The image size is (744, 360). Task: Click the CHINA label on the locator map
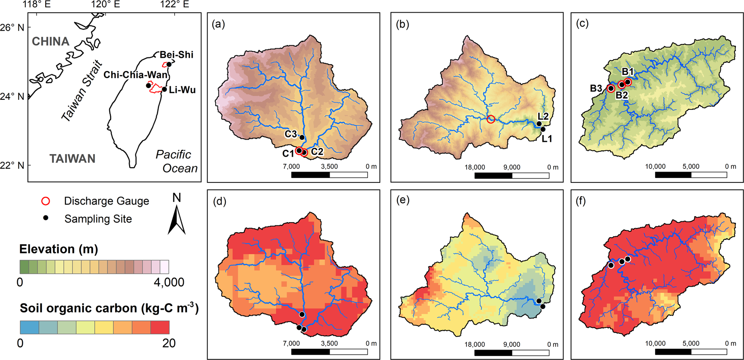pyautogui.click(x=51, y=42)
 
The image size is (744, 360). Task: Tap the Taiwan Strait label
pyautogui.click(x=82, y=91)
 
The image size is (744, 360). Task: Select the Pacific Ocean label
pyautogui.click(x=177, y=161)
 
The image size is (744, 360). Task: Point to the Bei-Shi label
pyautogui.click(x=176, y=55)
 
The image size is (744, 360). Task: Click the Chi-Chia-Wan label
pyautogui.click(x=135, y=75)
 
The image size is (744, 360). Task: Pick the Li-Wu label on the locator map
pyautogui.click(x=182, y=90)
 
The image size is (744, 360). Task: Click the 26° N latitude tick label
pyautogui.click(x=13, y=28)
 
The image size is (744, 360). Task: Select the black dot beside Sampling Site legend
pyautogui.click(x=46, y=219)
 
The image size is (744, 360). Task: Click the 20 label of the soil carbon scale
pyautogui.click(x=169, y=343)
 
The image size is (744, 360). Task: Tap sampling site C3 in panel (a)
pyautogui.click(x=302, y=137)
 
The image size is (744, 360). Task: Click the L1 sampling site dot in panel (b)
pyautogui.click(x=543, y=129)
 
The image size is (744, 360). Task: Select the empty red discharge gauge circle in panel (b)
pyautogui.click(x=491, y=119)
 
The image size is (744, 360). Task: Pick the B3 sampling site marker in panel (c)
pyautogui.click(x=611, y=88)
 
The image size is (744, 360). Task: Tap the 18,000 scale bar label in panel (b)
pyautogui.click(x=475, y=167)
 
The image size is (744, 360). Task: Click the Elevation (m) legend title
pyautogui.click(x=59, y=249)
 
